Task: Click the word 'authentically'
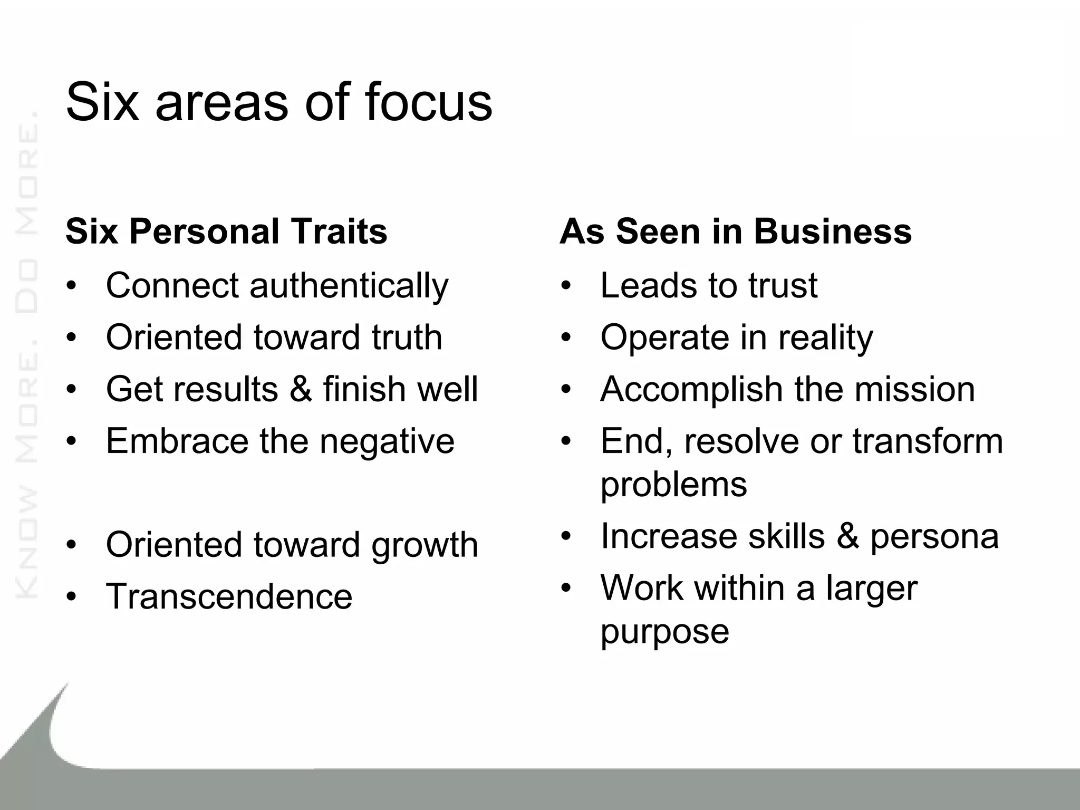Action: tap(349, 286)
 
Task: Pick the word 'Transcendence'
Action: tap(229, 596)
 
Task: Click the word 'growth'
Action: tap(425, 545)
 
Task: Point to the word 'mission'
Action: tap(914, 389)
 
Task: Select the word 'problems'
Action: tap(673, 484)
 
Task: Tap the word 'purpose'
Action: tap(664, 631)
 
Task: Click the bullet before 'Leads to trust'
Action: tap(566, 286)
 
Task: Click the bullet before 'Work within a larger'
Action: tap(566, 588)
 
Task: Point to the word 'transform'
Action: tap(928, 441)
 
